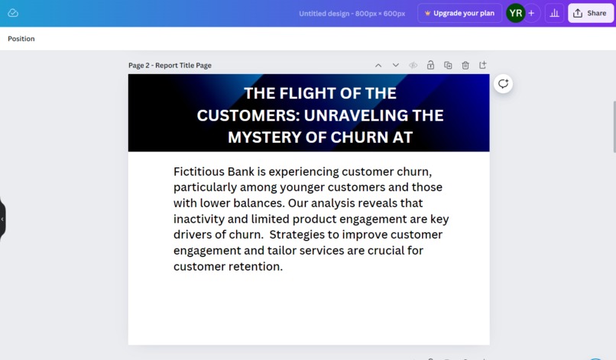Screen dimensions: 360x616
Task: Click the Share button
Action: (x=591, y=13)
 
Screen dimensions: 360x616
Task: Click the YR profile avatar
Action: (x=516, y=13)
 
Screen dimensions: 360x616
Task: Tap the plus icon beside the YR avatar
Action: (x=531, y=13)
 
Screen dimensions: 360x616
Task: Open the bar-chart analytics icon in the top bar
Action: (x=555, y=13)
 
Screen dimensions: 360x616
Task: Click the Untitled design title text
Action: (x=352, y=13)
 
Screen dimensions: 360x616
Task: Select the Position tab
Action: (x=21, y=39)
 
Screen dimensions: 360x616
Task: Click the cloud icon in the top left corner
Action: (x=13, y=13)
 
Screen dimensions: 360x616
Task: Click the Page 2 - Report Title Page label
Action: (x=170, y=66)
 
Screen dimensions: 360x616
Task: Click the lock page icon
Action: (x=430, y=66)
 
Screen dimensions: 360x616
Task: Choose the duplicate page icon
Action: (x=448, y=66)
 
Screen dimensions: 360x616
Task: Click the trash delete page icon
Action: (x=465, y=66)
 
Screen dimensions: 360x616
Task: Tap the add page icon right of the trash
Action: (x=482, y=66)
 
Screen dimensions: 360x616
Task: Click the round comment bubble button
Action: (x=503, y=84)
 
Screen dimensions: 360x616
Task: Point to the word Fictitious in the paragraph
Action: (x=199, y=171)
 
